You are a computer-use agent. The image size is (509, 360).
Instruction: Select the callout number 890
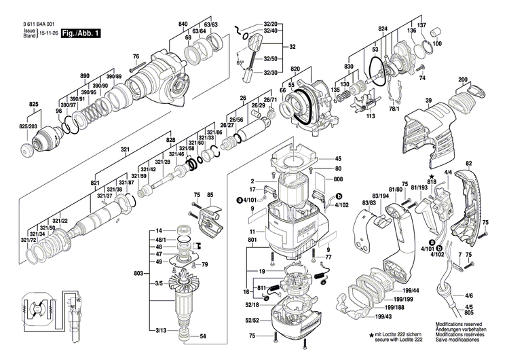point(85,75)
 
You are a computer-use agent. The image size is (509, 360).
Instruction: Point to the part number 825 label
point(33,104)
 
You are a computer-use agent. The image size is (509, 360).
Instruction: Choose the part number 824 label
point(383,30)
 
